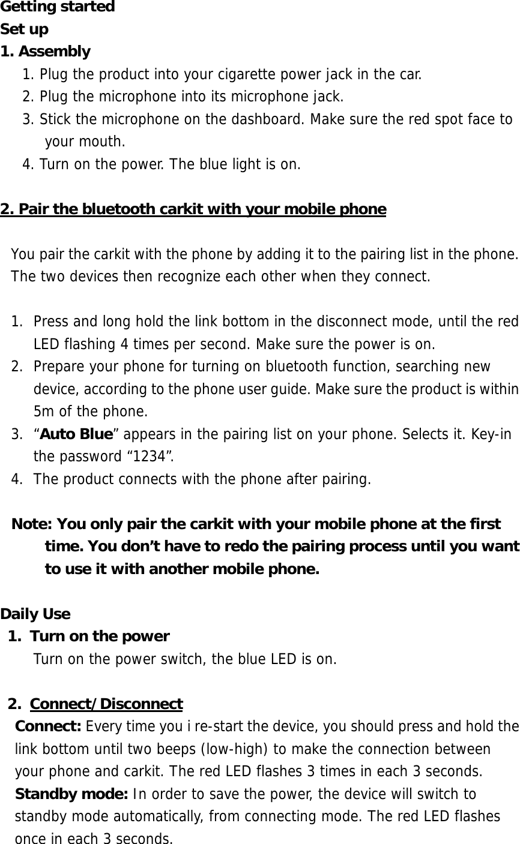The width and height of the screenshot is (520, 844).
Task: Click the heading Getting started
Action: [58, 7]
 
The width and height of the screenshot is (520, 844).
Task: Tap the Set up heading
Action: [25, 29]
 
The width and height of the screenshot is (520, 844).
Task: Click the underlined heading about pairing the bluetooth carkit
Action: [193, 209]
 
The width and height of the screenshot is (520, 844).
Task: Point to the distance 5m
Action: [44, 412]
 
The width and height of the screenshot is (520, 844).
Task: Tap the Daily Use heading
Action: [35, 614]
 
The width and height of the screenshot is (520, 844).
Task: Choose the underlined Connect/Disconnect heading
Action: [106, 704]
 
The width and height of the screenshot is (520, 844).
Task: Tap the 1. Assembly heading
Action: [46, 52]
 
